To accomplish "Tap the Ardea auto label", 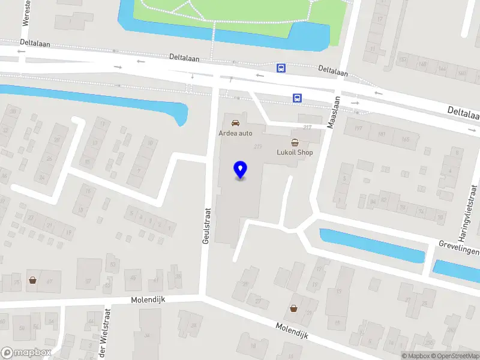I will [x=235, y=133].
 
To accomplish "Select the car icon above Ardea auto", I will [x=235, y=122].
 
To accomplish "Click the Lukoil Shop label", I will [x=295, y=153].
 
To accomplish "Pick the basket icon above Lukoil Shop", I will [x=295, y=142].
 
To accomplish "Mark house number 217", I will [x=308, y=127].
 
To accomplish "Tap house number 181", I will [x=381, y=134].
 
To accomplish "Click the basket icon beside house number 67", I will [x=32, y=280].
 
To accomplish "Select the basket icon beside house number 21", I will [x=294, y=308].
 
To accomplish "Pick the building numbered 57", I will [x=88, y=280].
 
